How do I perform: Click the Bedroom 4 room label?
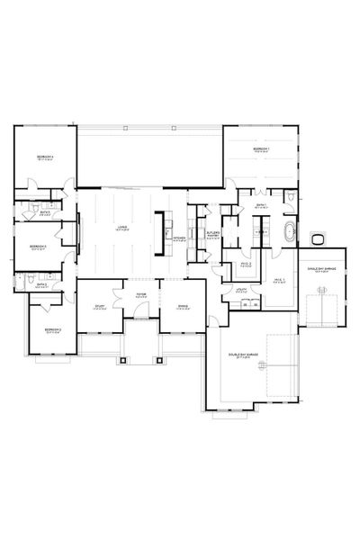(45, 157)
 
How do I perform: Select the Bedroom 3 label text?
(38, 245)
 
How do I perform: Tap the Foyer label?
(141, 295)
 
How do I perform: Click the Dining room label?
(184, 307)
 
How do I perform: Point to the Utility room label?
(241, 291)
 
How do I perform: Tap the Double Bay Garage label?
(248, 356)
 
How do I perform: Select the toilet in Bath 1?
(292, 196)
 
